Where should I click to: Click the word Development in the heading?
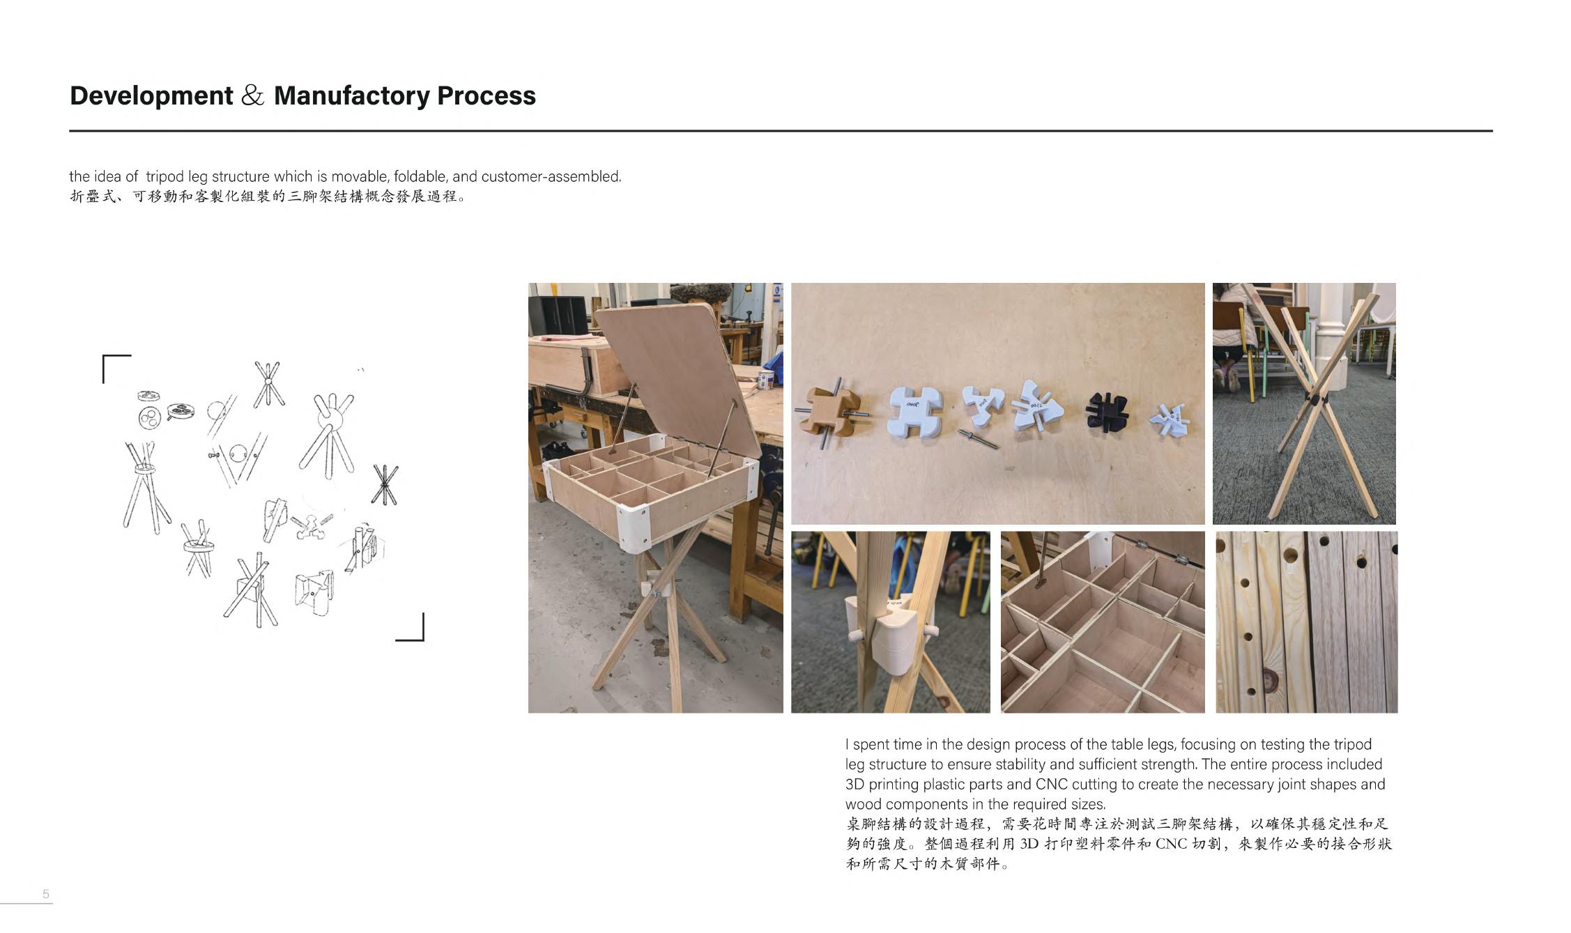(x=151, y=95)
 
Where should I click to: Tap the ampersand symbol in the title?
(x=253, y=95)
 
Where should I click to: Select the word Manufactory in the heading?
(x=351, y=95)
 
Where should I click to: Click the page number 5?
(x=46, y=894)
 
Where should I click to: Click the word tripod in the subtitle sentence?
(x=165, y=177)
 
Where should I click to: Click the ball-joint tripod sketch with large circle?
(x=327, y=433)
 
